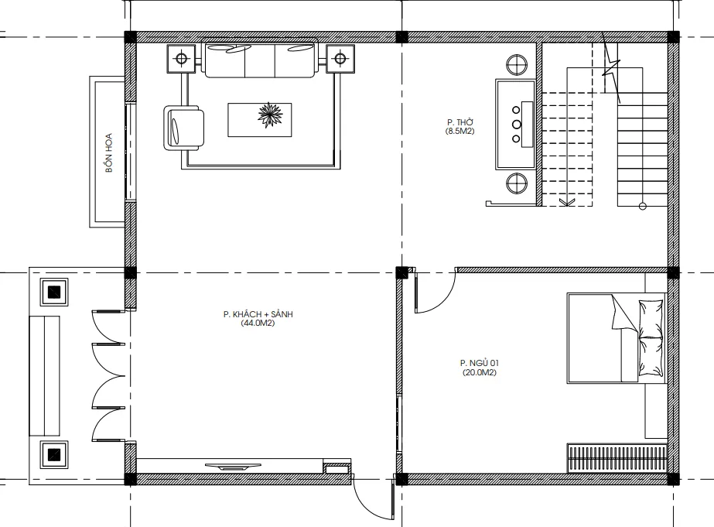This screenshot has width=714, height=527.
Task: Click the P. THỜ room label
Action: (x=460, y=122)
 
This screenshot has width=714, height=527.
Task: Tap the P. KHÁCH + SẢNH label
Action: (x=258, y=314)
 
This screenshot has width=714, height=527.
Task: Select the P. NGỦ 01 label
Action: (x=480, y=363)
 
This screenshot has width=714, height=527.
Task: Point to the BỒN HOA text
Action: (x=109, y=152)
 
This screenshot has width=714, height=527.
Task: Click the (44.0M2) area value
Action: (x=258, y=323)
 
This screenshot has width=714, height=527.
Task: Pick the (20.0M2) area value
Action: (x=480, y=372)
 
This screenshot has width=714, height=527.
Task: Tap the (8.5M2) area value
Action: (x=460, y=132)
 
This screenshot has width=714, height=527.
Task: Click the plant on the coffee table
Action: (x=269, y=115)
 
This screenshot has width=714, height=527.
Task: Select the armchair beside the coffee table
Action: (x=183, y=128)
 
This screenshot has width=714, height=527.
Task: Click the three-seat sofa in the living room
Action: (x=261, y=60)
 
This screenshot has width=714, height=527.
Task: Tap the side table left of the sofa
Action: (x=181, y=58)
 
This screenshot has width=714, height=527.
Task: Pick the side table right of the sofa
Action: (x=340, y=58)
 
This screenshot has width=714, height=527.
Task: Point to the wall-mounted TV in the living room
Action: (x=233, y=467)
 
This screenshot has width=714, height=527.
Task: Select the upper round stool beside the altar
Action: (x=517, y=65)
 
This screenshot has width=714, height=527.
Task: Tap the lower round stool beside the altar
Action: (x=517, y=183)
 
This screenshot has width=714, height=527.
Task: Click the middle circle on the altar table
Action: (x=516, y=124)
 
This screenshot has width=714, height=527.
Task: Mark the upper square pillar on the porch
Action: (x=54, y=292)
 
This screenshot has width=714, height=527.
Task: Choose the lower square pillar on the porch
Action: (x=54, y=454)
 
